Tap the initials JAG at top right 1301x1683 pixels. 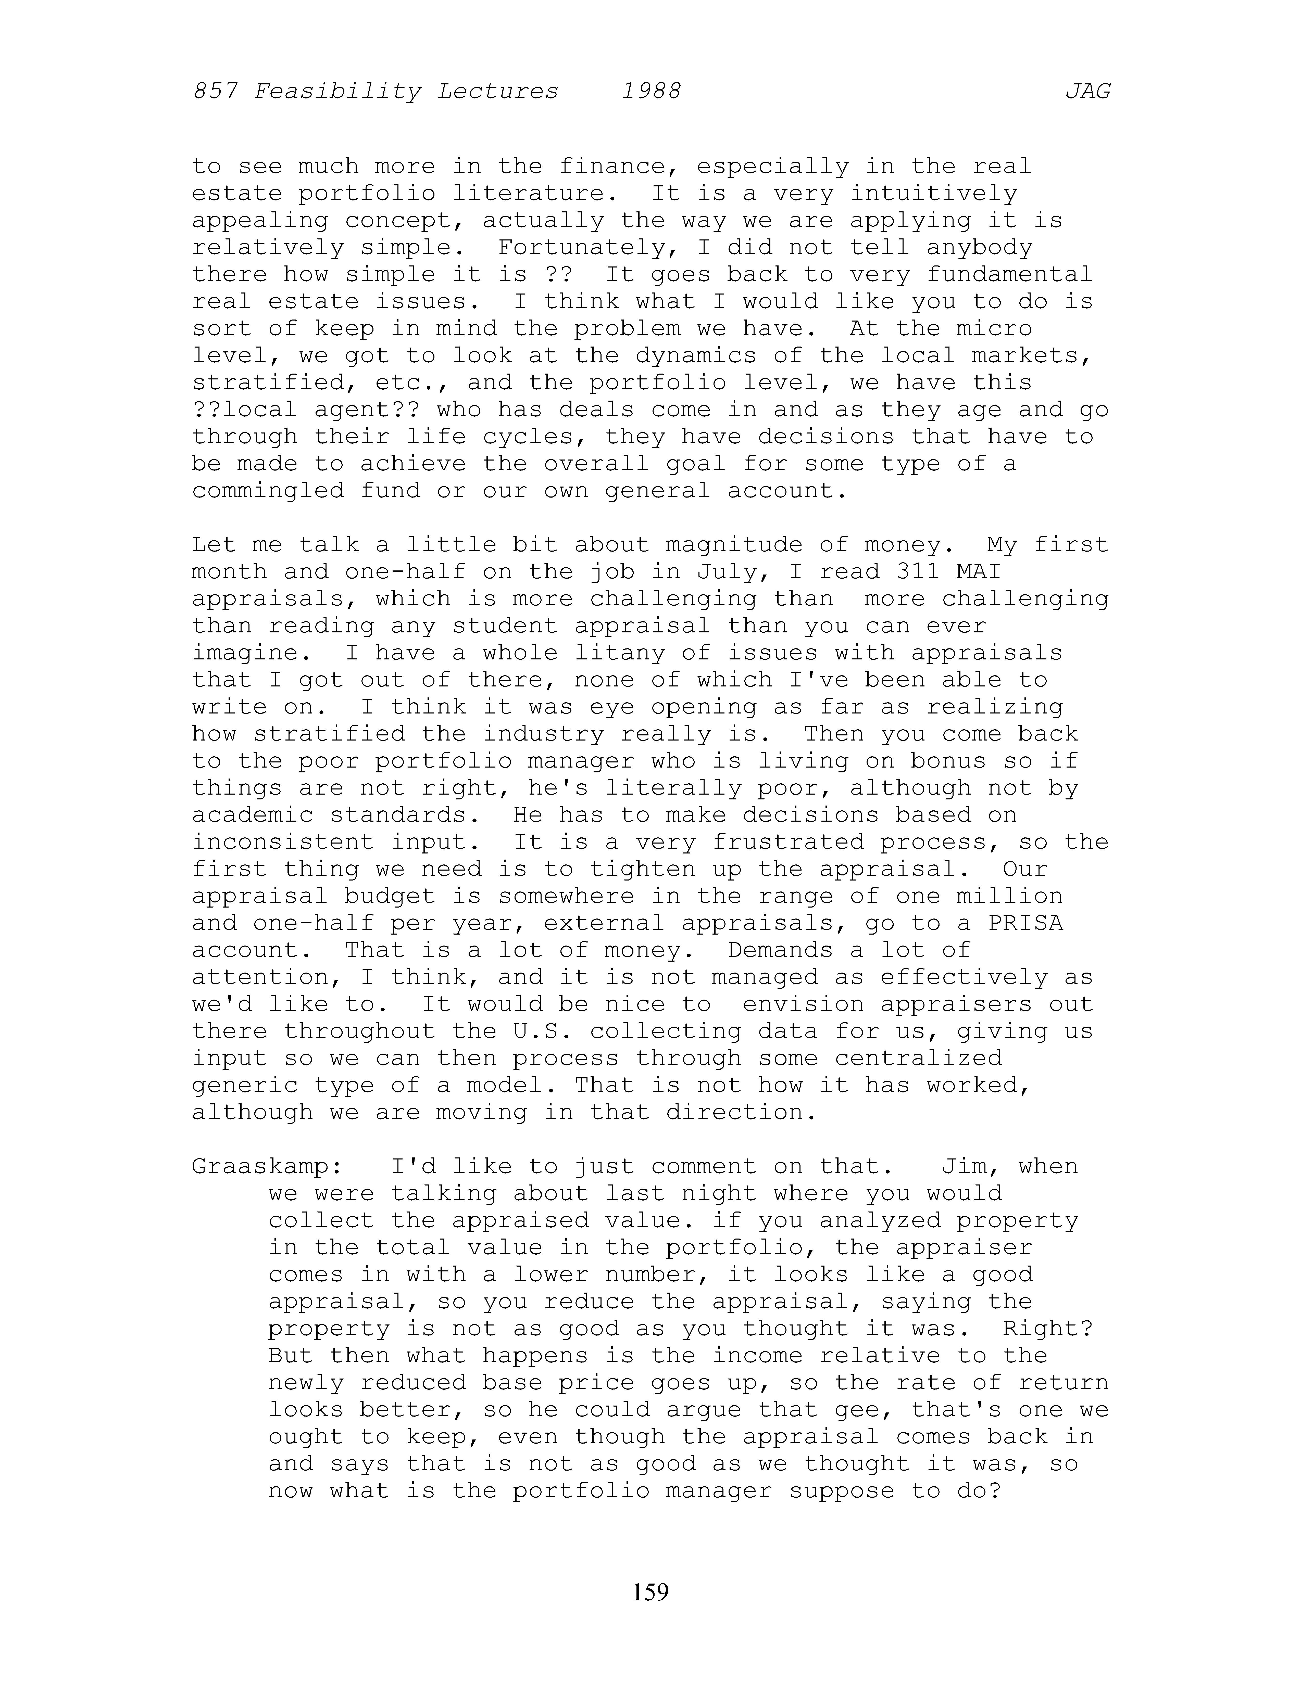click(1087, 92)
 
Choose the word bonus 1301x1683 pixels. click(948, 761)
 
